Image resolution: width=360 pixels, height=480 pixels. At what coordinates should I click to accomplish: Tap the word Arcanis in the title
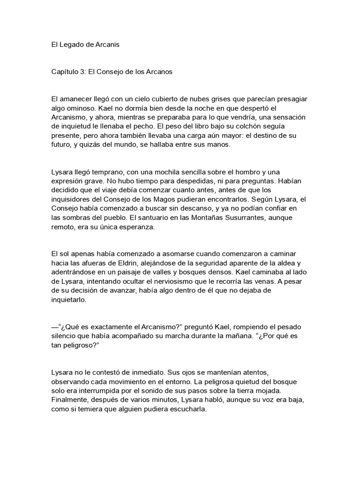click(x=107, y=45)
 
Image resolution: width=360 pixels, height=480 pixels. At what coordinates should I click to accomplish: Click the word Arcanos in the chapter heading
click(x=159, y=72)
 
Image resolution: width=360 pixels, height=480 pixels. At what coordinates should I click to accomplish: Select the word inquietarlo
click(x=69, y=300)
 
